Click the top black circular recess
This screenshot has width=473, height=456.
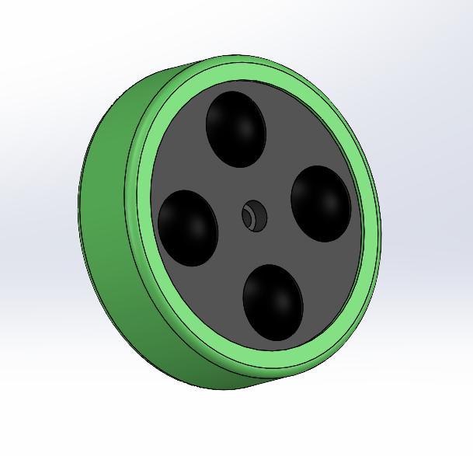(235, 128)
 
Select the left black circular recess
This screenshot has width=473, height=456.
(187, 228)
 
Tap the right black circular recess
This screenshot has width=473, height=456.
(321, 203)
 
